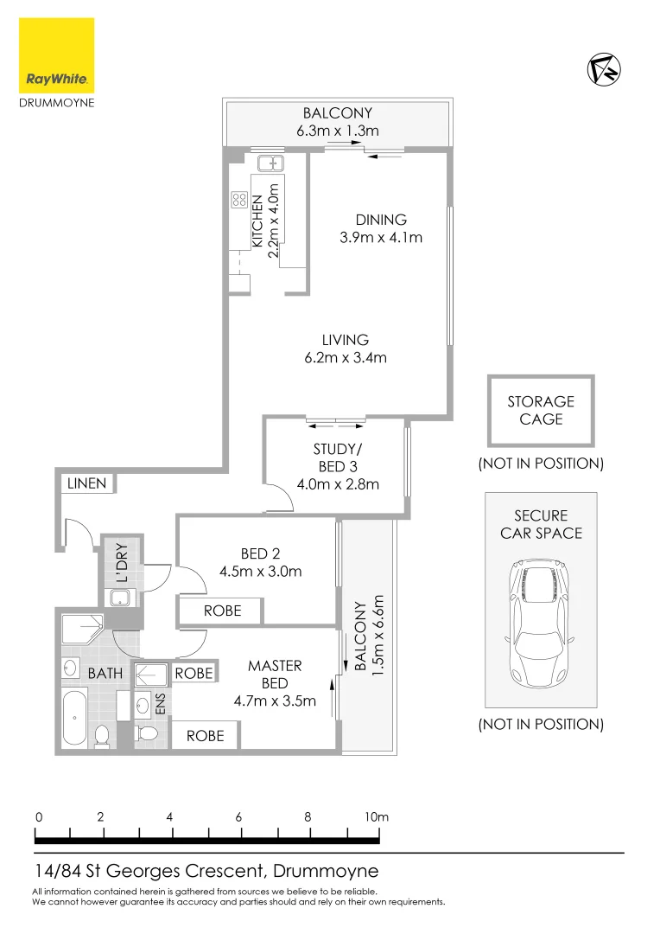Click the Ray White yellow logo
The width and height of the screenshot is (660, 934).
click(x=57, y=55)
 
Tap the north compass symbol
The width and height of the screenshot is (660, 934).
click(x=604, y=70)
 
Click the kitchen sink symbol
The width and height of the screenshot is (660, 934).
click(x=271, y=163)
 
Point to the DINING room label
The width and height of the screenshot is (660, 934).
click(x=380, y=220)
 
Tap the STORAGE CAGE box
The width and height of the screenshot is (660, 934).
click(x=541, y=410)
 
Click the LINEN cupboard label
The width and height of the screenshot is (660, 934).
click(x=87, y=483)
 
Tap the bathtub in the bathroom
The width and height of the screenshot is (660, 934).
click(x=75, y=717)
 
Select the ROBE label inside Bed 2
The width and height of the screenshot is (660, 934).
click(x=222, y=611)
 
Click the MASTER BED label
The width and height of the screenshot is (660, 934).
click(x=275, y=674)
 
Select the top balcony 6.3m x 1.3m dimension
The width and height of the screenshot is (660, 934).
click(x=336, y=131)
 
